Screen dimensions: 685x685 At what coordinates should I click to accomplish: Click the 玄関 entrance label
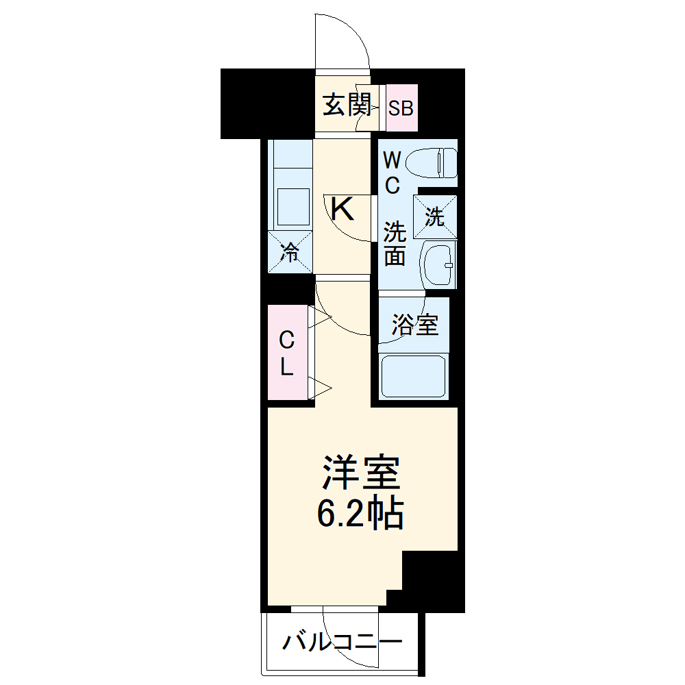click(347, 105)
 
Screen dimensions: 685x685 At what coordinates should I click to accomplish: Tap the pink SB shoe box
click(401, 108)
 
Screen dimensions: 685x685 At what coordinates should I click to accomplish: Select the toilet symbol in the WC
click(431, 163)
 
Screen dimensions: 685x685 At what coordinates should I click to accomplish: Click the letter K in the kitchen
click(342, 209)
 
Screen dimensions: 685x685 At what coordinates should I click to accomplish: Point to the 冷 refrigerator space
click(290, 253)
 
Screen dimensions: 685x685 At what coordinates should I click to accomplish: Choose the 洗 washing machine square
click(435, 217)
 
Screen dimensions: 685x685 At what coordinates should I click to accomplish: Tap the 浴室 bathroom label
click(414, 325)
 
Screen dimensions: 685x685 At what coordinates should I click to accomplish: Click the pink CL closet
click(287, 353)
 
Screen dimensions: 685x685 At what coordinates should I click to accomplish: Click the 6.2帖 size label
click(360, 514)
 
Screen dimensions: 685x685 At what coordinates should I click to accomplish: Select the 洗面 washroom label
click(395, 243)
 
